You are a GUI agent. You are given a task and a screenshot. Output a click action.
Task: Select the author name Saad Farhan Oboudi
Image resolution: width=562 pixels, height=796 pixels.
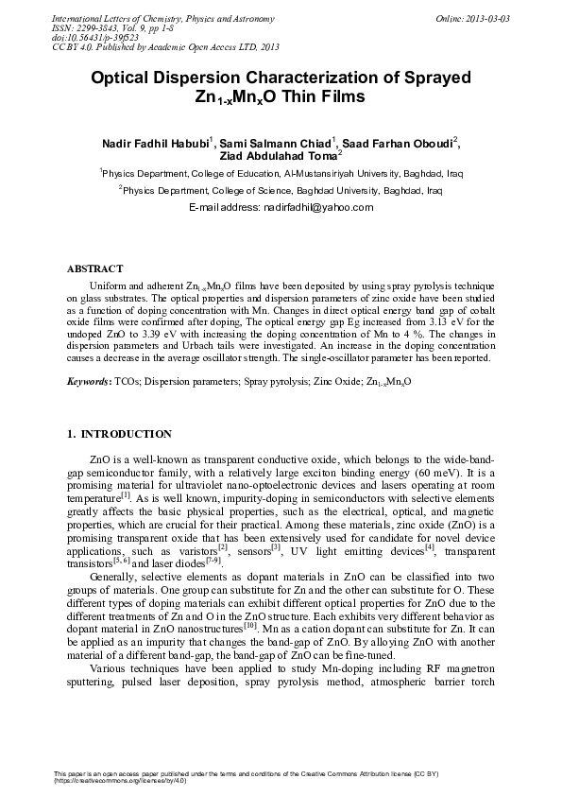click(399, 142)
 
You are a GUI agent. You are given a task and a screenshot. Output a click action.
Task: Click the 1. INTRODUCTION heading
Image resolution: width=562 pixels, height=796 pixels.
click(119, 434)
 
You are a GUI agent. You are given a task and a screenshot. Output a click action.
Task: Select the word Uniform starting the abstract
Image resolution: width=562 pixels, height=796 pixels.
click(106, 285)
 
